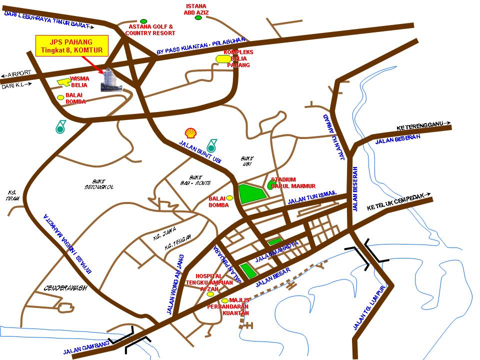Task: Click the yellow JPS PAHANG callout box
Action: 70,45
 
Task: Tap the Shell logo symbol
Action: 190,132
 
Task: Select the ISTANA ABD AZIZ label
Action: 196,9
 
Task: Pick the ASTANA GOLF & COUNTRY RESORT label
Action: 150,29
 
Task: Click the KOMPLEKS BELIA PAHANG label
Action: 239,58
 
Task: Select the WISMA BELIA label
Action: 79,81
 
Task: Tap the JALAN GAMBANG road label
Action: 85,350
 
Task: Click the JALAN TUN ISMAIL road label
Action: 312,197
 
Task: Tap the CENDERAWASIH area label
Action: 65,288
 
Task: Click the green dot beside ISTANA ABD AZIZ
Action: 198,18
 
